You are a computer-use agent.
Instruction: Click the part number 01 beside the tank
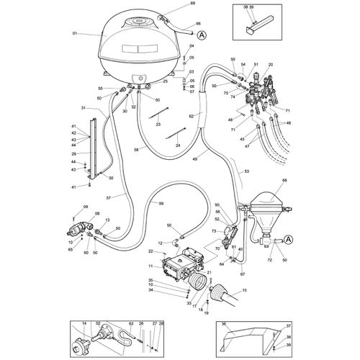74,34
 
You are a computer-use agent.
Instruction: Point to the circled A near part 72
288,239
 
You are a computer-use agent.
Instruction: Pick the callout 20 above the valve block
271,65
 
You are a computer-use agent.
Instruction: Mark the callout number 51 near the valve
256,65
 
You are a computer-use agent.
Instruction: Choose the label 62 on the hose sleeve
192,116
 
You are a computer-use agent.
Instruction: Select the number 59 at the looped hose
161,204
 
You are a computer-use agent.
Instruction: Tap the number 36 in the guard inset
224,324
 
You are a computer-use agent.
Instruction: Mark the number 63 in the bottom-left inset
131,324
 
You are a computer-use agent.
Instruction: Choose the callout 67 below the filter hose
243,274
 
